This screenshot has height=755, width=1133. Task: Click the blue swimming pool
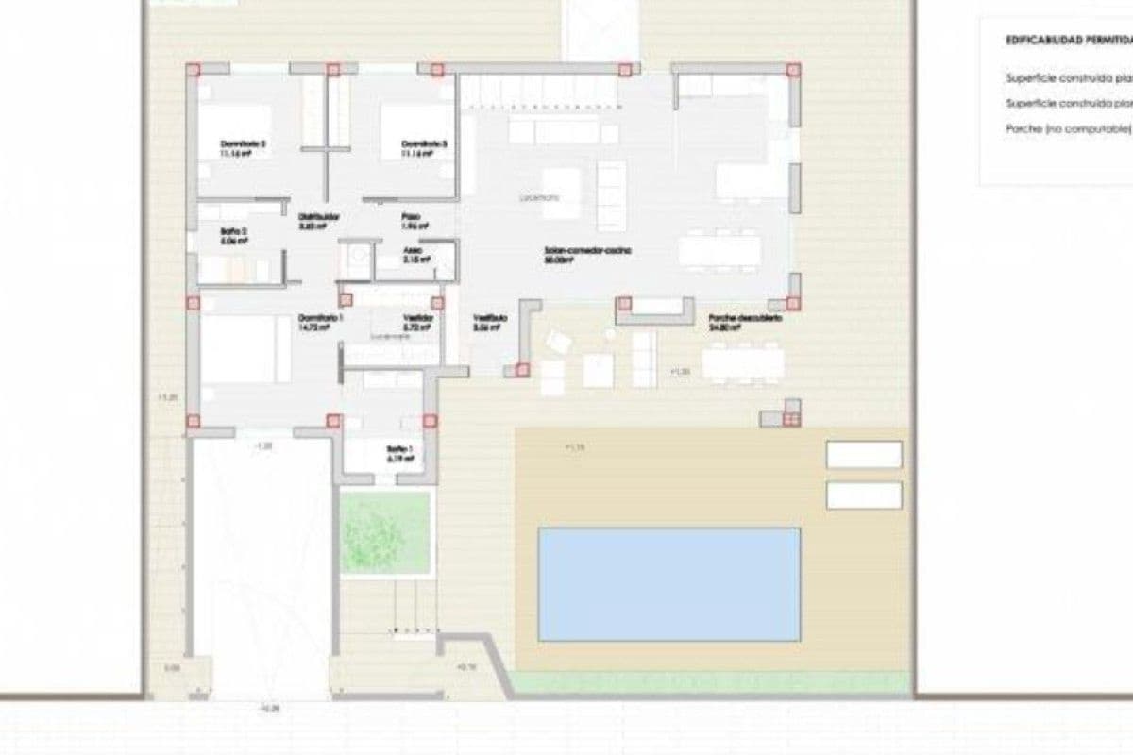click(x=668, y=584)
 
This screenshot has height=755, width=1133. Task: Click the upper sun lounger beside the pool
click(x=863, y=455)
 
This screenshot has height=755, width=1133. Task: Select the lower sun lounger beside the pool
click(x=863, y=495)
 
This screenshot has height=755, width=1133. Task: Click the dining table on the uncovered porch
click(x=743, y=363)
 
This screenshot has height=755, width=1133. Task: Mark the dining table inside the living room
click(x=719, y=249)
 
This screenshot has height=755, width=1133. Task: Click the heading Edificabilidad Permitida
click(x=1069, y=42)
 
